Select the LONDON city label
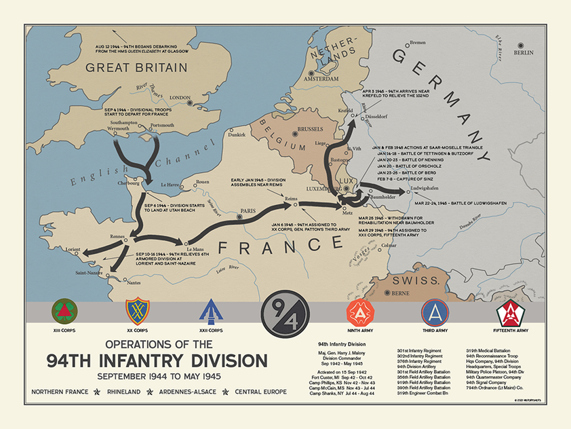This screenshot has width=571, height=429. click(x=180, y=97)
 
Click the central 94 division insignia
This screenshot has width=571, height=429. click(x=285, y=313)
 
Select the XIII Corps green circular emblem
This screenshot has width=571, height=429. click(x=65, y=312)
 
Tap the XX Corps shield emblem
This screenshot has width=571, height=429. click(x=138, y=312)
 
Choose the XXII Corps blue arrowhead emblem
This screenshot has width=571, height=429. click(x=212, y=312)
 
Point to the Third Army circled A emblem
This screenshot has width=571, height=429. click(x=435, y=312)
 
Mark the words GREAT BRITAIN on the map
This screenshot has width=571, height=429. click(x=136, y=67)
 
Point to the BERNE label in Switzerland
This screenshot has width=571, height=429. click(x=400, y=293)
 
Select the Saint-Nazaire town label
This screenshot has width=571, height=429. click(x=90, y=274)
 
